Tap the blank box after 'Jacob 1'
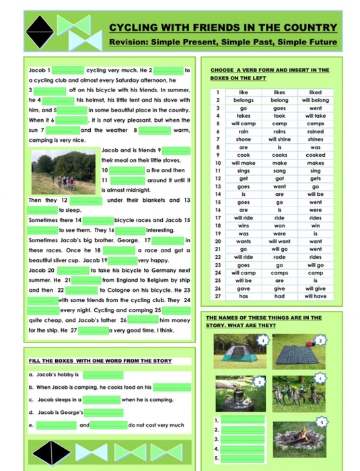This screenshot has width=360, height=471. pos(68,70)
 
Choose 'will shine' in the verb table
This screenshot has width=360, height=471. pos(279,139)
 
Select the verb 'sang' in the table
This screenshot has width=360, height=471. pos(279,171)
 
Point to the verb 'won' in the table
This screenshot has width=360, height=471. pos(279,225)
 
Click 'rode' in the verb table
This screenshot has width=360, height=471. pos(279,256)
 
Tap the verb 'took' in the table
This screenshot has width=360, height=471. pos(279,116)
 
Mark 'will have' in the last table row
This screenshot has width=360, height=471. pos(315,295)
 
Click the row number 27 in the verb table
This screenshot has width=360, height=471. pos(218,295)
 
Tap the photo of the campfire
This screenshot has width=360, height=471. pos(309,437)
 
